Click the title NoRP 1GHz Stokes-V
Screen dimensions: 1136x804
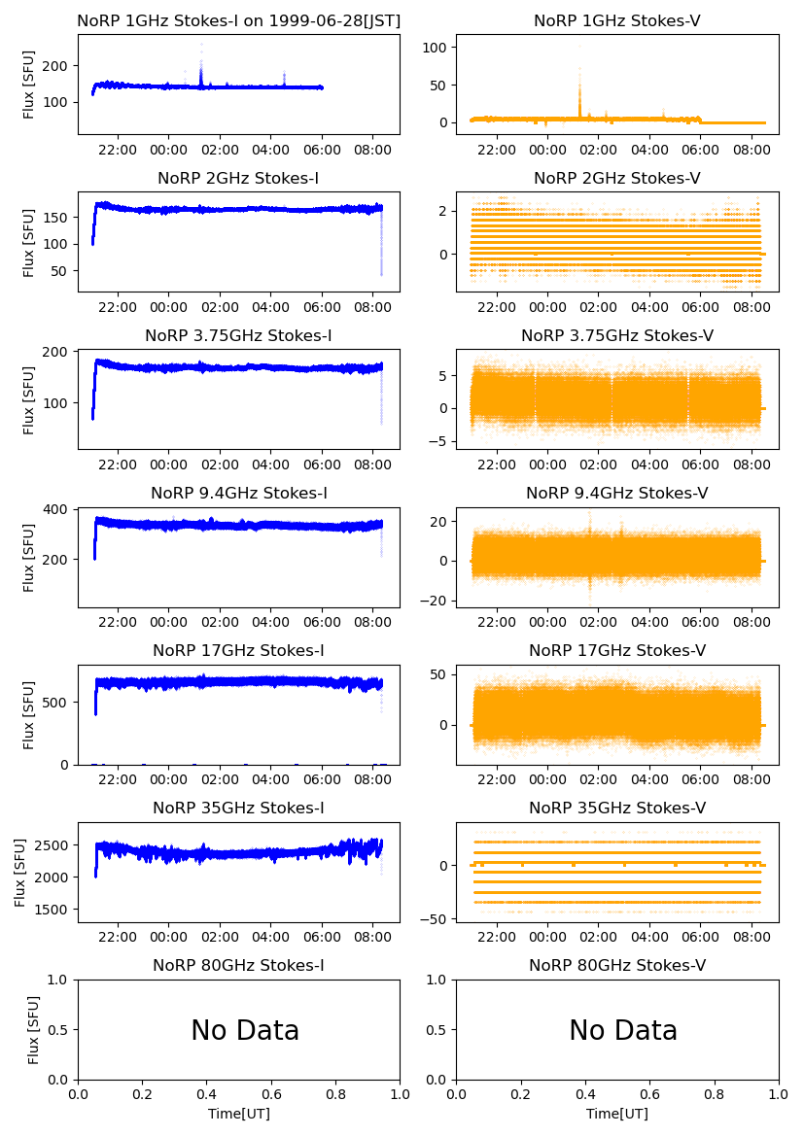[x=617, y=20]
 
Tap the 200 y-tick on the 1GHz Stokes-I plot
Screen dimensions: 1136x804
[x=54, y=65]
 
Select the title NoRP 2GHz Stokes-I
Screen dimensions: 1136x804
[x=238, y=178]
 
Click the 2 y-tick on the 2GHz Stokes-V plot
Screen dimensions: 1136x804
[x=441, y=211]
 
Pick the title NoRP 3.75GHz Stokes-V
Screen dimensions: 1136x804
[x=617, y=335]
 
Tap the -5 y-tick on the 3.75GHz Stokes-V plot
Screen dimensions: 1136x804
[x=437, y=441]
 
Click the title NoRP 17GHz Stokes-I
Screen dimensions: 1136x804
[x=238, y=650]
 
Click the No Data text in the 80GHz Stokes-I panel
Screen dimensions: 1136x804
[x=245, y=1030]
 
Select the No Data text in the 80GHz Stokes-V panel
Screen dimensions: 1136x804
[x=623, y=1030]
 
